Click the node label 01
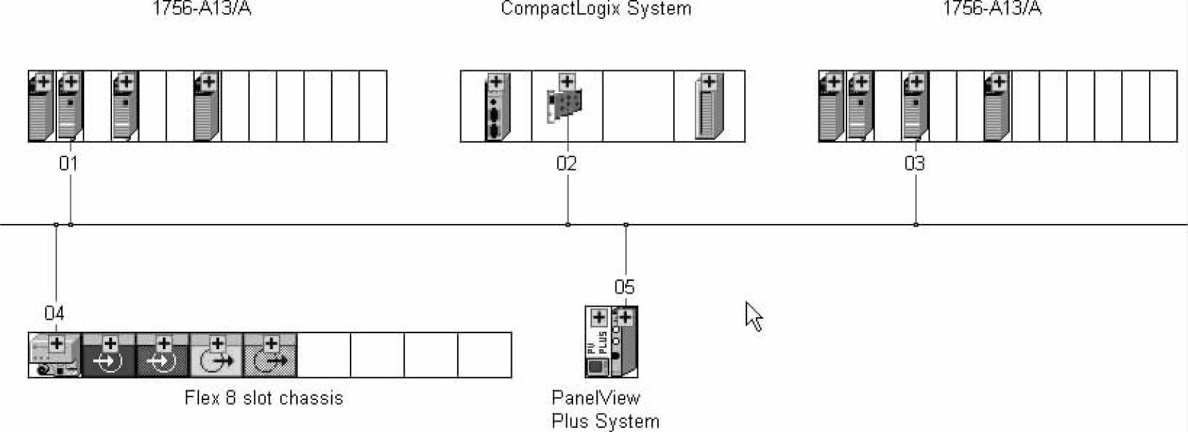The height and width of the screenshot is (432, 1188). click(x=68, y=164)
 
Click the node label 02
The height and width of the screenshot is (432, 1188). click(x=566, y=164)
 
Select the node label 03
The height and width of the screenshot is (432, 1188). click(x=915, y=164)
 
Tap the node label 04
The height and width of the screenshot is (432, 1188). click(x=54, y=314)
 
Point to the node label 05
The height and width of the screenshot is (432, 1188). click(x=624, y=287)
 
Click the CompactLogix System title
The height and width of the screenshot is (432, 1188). click(x=596, y=9)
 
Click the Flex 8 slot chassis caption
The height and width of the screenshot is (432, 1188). click(x=264, y=399)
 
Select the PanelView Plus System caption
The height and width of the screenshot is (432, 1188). click(x=604, y=410)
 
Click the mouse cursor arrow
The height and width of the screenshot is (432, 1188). click(x=753, y=316)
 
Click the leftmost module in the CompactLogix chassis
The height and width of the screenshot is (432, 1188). click(x=496, y=107)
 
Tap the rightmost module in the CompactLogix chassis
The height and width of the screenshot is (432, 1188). click(x=709, y=107)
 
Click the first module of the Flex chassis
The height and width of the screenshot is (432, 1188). click(x=55, y=355)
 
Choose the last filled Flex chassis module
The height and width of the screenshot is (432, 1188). click(x=271, y=355)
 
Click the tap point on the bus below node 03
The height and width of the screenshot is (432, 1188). click(x=915, y=225)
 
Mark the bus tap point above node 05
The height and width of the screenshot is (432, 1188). click(x=626, y=225)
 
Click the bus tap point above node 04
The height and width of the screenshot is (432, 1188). click(x=56, y=225)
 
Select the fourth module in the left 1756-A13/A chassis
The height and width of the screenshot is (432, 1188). click(x=207, y=107)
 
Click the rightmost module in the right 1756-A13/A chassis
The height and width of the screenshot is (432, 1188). click(x=997, y=107)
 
